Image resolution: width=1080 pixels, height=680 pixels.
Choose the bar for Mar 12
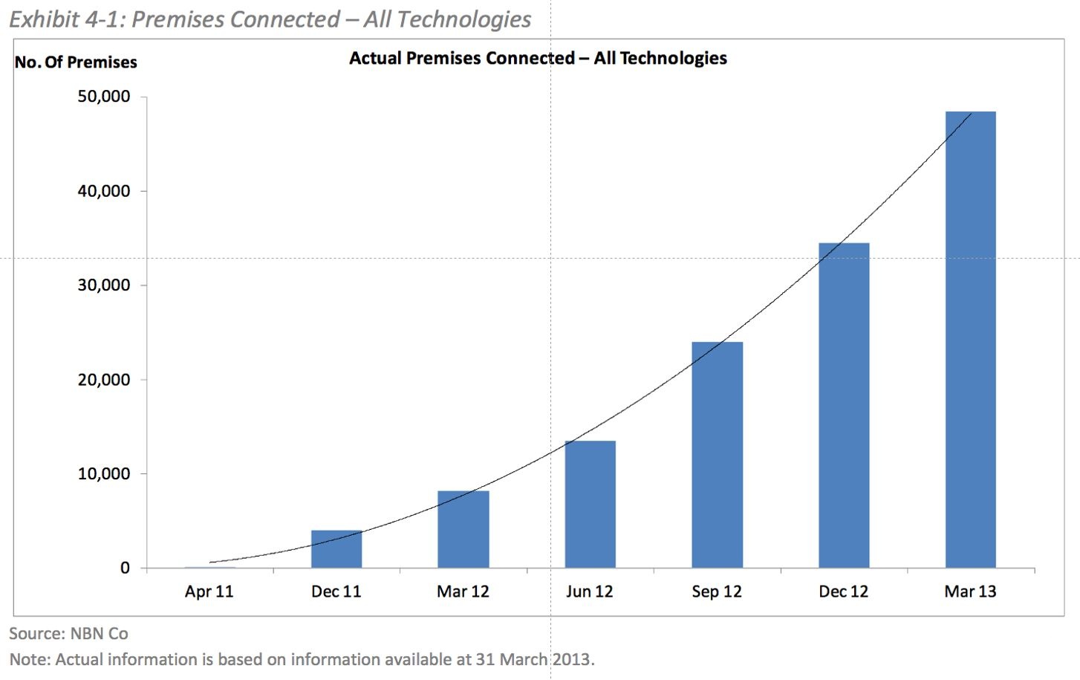(463, 529)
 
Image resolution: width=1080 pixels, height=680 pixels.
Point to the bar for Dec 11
(336, 549)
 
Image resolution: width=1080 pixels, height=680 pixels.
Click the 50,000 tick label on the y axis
(104, 97)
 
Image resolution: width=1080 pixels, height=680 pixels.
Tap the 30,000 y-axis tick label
(104, 285)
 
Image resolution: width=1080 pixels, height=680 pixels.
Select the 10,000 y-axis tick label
(104, 474)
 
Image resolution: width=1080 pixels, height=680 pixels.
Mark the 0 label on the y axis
(124, 569)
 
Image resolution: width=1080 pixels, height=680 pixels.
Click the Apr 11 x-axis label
(209, 592)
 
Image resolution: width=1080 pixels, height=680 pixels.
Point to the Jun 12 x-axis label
(590, 592)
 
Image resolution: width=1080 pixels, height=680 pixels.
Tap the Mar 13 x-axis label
(970, 592)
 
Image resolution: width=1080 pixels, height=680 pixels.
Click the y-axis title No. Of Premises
(76, 62)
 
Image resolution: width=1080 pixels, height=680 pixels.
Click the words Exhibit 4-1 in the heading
(65, 19)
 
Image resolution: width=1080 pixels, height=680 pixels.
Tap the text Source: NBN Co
(68, 634)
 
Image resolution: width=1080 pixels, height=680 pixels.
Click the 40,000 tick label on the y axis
(104, 191)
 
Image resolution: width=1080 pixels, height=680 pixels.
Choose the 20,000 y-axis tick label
(104, 380)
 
